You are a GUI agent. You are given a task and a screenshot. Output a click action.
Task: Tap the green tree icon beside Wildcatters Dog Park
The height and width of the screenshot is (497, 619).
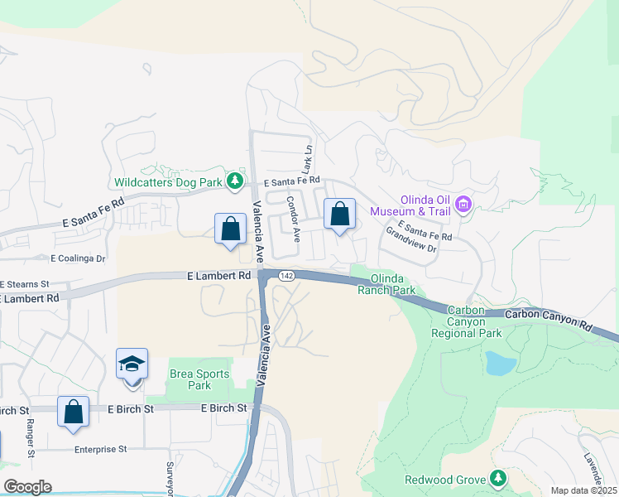(x=237, y=180)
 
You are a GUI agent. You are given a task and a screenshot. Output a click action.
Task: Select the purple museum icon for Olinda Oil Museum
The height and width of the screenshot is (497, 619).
(x=463, y=204)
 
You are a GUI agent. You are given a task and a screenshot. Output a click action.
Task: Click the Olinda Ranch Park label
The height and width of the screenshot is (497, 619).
(x=386, y=284)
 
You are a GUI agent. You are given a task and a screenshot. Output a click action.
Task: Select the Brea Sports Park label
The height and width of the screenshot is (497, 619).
(x=199, y=379)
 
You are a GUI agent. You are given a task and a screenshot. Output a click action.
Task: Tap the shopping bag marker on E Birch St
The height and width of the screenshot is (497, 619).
(x=73, y=411)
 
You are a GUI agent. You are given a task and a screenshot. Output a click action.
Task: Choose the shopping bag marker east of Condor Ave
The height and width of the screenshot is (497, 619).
(x=339, y=215)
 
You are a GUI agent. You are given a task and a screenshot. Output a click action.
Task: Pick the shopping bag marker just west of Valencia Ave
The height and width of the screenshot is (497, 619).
(x=231, y=229)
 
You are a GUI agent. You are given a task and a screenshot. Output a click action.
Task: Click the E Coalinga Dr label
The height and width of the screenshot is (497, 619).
(x=79, y=258)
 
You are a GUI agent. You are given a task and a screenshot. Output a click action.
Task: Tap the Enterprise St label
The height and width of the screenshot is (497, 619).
(x=99, y=449)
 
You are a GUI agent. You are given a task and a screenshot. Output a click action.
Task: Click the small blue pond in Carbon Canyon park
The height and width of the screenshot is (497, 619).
(x=500, y=363)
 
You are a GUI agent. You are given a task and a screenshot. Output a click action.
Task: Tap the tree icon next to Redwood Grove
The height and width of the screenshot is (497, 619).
(x=497, y=479)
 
